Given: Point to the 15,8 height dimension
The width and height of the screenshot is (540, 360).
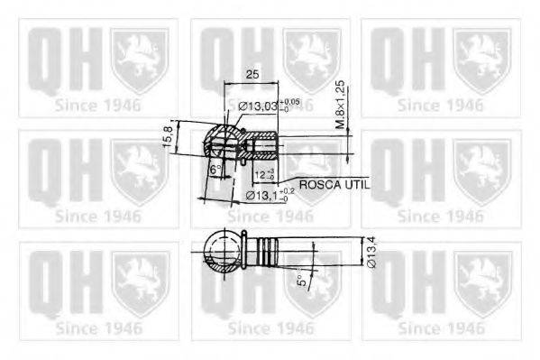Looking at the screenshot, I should tap(167, 136).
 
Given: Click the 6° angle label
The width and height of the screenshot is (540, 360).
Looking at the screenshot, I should tap(215, 170).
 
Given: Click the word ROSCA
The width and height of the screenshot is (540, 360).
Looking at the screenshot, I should tap(319, 183).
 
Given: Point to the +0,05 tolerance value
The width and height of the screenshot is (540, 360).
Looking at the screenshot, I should tap(290, 102).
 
